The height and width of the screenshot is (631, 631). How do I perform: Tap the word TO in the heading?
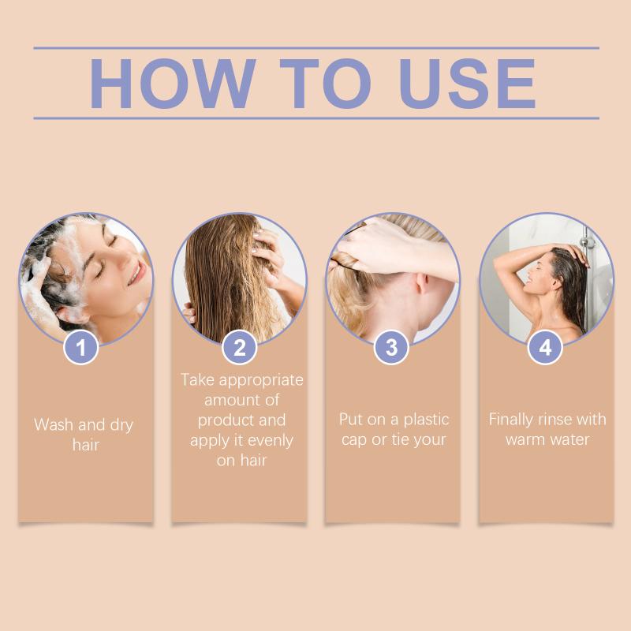coord(325,84)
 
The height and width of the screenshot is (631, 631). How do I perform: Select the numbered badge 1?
coord(81,347)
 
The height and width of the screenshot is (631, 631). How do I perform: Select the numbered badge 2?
coord(240,347)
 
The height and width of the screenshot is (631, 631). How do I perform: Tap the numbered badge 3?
coord(391,347)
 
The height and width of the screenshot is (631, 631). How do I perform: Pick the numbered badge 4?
coord(545,347)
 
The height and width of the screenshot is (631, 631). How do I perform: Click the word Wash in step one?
coord(54,424)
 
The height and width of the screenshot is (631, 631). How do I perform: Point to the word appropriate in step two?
coord(261,381)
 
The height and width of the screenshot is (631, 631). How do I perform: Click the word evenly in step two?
coord(271,441)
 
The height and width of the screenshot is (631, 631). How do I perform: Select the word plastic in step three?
coord(426,420)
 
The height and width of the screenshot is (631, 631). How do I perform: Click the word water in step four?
coord(573,440)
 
